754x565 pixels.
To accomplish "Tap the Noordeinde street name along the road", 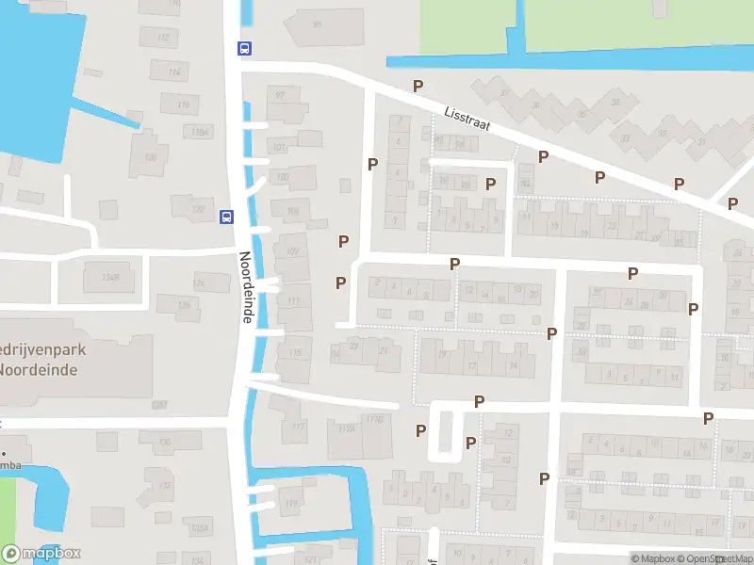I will [x=245, y=287].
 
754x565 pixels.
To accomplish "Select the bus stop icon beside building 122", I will [x=226, y=216].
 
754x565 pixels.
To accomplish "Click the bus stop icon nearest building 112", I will [x=244, y=49].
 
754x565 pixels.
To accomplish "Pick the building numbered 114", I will [x=172, y=73].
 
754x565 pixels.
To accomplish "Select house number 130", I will [x=165, y=442].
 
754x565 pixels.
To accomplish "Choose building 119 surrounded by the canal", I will [x=291, y=505].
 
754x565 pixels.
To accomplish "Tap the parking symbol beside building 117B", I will [x=420, y=430].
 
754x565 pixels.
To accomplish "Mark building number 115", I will [x=296, y=353].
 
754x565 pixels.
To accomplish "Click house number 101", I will [x=279, y=148].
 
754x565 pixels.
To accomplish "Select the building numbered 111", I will [x=294, y=301].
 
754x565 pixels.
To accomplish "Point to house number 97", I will [x=279, y=95].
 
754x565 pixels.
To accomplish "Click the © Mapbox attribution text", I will [x=654, y=558].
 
